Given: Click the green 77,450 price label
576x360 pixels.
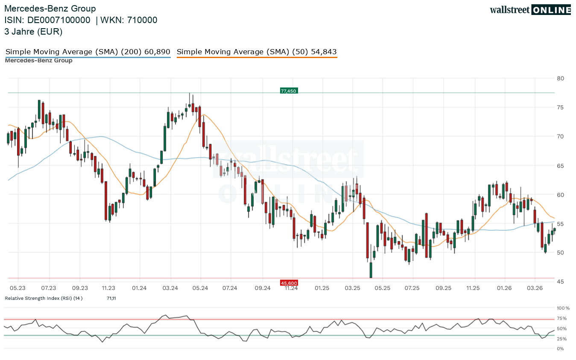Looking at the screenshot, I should (x=289, y=91).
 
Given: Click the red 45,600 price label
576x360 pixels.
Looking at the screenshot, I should (x=289, y=283).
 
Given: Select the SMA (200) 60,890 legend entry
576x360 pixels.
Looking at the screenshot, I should (x=88, y=52).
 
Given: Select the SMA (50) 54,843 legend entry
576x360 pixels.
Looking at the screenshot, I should (x=257, y=52).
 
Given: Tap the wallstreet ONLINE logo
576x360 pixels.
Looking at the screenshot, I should (x=530, y=10).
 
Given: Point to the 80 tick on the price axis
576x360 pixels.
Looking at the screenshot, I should (x=560, y=78).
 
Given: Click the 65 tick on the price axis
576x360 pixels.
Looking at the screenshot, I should (x=560, y=166).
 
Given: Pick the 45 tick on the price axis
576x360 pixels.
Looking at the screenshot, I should (x=560, y=282).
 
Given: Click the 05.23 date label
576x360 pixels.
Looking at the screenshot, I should (x=18, y=288).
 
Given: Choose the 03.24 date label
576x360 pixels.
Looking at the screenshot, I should (x=170, y=288).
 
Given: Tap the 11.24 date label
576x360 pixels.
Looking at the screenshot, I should (x=291, y=288).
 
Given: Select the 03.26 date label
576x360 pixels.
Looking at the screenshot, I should (x=535, y=288).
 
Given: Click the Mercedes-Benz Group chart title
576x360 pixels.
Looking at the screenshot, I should (x=50, y=9).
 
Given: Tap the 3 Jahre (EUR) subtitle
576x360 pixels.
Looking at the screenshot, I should (x=33, y=31).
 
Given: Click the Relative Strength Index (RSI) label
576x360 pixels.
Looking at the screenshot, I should (x=44, y=298).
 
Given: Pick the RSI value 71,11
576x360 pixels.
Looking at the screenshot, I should (x=111, y=298).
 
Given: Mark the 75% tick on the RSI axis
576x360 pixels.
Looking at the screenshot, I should (x=561, y=318).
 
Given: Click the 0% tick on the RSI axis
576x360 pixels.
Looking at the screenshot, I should (x=560, y=348).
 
